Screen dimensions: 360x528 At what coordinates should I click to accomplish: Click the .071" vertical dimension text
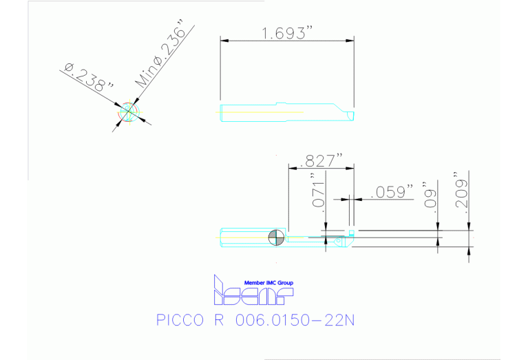click(317, 195)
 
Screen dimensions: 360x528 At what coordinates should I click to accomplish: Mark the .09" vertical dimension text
click(431, 195)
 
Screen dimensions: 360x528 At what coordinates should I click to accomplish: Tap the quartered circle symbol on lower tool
click(277, 237)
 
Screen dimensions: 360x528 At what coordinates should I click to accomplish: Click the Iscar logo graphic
click(253, 292)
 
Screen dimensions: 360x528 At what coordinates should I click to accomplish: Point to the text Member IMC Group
click(268, 283)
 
